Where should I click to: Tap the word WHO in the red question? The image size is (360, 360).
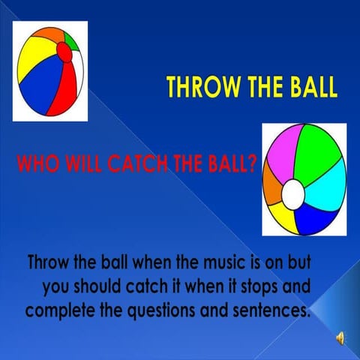coord(35,163)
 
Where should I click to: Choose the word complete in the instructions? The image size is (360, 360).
coord(56,308)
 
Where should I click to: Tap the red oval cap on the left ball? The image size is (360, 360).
coord(65,55)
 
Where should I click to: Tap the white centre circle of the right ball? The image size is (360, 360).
coord(293,194)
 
